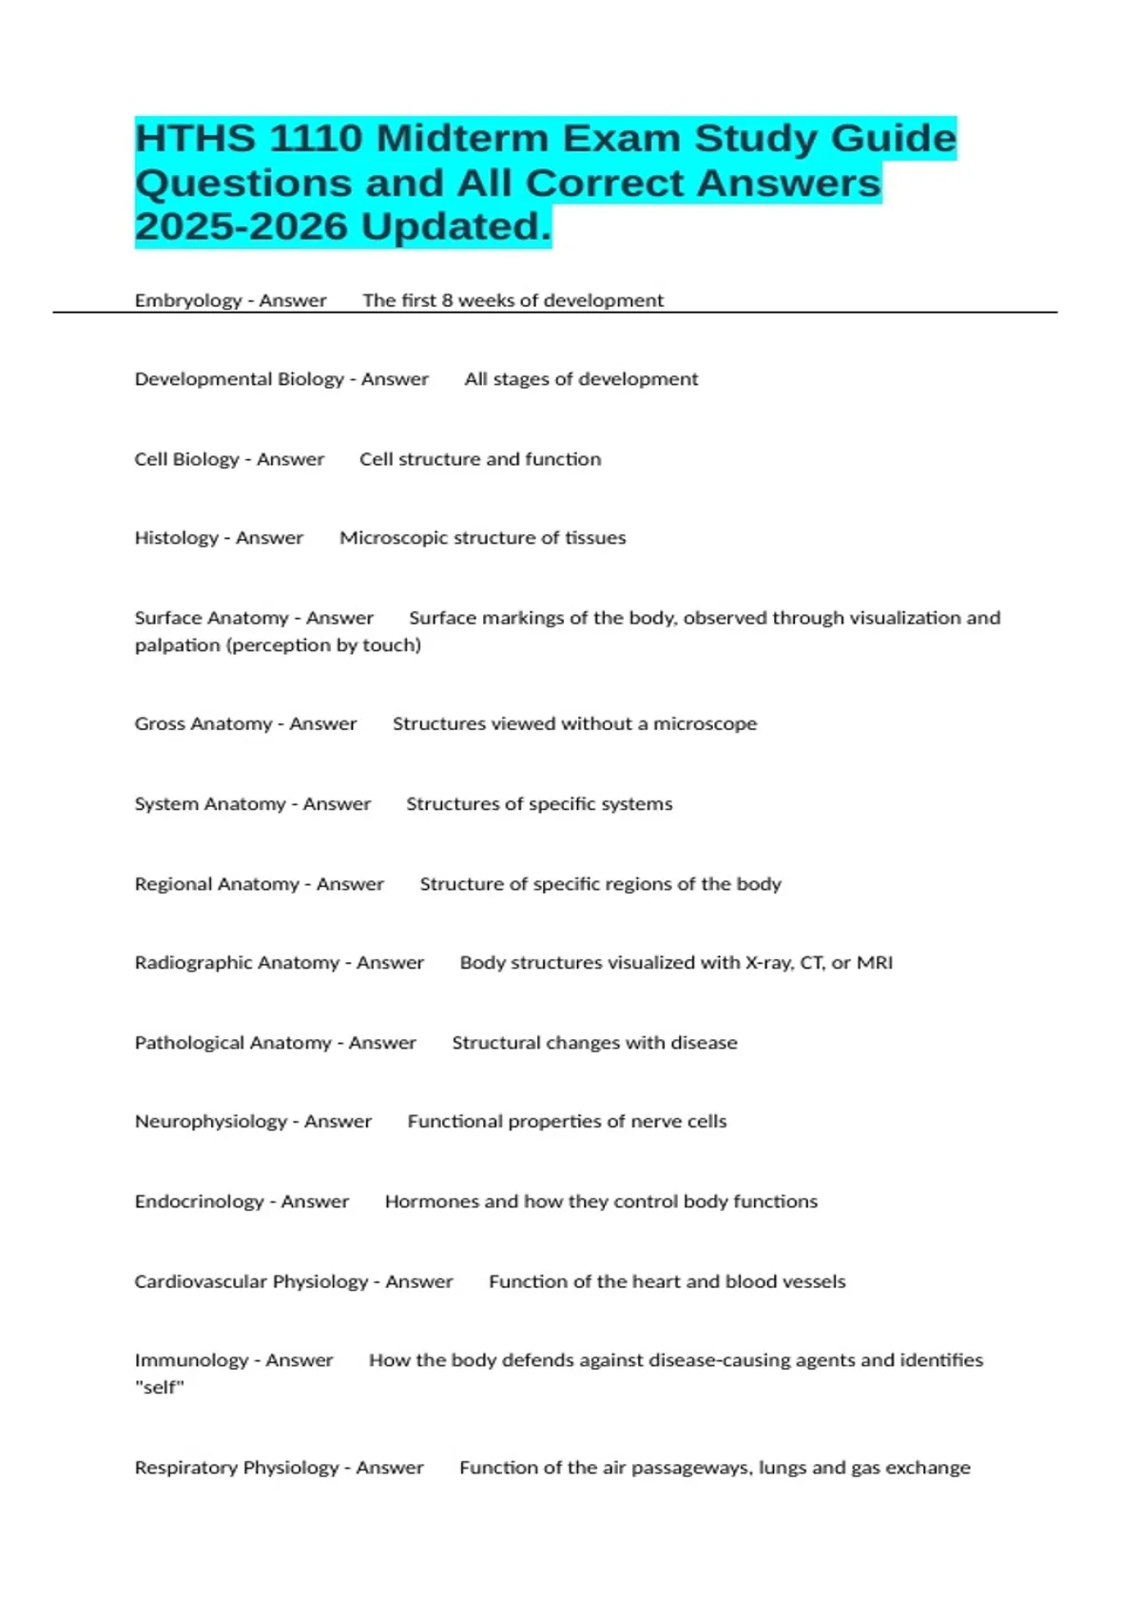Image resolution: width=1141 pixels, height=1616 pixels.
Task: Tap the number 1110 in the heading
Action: click(x=315, y=139)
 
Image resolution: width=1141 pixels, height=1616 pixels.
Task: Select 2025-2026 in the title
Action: click(x=242, y=226)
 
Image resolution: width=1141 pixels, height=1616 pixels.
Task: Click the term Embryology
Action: click(x=188, y=300)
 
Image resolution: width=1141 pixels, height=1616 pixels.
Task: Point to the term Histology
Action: click(x=176, y=538)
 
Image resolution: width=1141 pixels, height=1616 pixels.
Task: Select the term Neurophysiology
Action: click(x=210, y=1122)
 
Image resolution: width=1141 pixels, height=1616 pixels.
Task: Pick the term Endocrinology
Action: click(x=199, y=1202)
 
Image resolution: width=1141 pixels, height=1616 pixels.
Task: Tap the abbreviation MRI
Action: click(x=875, y=963)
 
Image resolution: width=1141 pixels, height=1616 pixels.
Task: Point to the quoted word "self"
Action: click(x=160, y=1388)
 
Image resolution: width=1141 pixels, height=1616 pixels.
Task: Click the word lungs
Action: click(x=783, y=1468)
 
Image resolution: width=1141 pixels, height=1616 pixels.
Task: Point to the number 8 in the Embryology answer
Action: click(x=447, y=300)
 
